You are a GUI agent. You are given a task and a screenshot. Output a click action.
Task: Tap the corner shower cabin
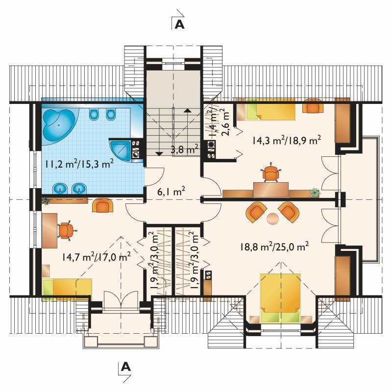coord(120,150)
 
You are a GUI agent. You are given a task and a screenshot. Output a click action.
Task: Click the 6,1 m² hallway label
coord(171,192)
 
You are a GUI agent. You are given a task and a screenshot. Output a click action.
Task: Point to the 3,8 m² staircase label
coord(185,149)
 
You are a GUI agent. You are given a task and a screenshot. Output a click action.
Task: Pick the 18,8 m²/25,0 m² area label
coord(274,246)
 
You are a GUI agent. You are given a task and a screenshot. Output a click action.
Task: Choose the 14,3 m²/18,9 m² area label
coord(287,140)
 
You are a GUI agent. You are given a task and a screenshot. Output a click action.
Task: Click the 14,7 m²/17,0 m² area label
coord(96,257)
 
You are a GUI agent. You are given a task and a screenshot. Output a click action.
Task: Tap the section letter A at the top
coord(179,24)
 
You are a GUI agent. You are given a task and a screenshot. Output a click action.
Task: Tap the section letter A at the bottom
coord(126,367)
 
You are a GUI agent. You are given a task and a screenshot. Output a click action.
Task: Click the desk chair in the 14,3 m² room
coord(270,173)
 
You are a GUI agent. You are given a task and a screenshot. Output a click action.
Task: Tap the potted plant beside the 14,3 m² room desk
coord(315,193)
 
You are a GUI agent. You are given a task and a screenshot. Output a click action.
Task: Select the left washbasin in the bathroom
coord(60,188)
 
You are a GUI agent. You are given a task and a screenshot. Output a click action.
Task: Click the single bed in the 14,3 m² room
coord(266,109)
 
